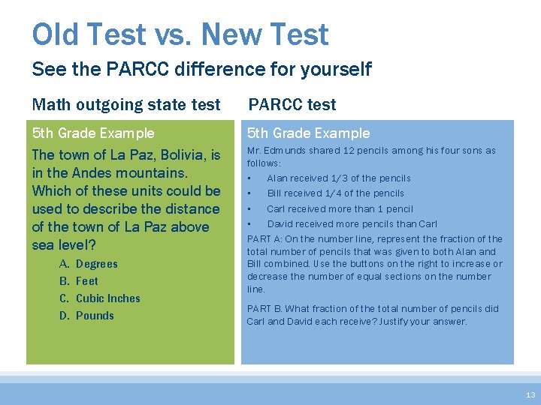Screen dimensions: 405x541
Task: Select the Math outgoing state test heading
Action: click(126, 104)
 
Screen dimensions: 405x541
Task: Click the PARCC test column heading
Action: click(292, 104)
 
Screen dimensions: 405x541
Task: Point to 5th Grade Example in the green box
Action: click(93, 133)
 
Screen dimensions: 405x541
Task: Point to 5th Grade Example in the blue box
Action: click(309, 133)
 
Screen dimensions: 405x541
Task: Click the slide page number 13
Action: click(530, 394)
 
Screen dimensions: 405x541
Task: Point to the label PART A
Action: click(264, 239)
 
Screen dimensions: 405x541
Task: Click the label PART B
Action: click(264, 309)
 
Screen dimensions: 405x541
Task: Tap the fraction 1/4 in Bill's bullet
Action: click(334, 193)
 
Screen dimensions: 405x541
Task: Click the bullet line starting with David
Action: click(352, 224)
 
